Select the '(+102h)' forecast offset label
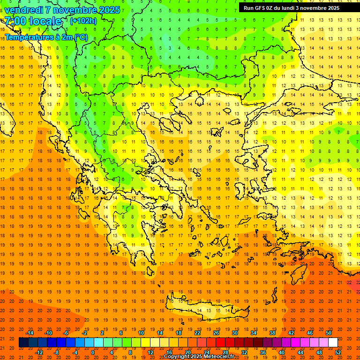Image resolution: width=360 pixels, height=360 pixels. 83,21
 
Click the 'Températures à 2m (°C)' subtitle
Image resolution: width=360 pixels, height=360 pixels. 46,37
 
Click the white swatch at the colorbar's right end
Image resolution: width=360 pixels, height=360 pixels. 333,343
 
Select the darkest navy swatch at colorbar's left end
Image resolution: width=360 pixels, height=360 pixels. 23,343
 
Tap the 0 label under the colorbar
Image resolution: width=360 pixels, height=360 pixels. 92,352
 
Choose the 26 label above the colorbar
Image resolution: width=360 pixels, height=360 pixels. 216,333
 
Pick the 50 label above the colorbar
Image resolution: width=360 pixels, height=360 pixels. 329,333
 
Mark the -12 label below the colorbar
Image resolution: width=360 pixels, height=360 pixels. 39,352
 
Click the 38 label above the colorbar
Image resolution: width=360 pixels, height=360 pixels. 272,333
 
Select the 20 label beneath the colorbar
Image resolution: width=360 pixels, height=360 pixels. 187,352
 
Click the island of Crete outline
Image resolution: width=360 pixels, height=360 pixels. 206,310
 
